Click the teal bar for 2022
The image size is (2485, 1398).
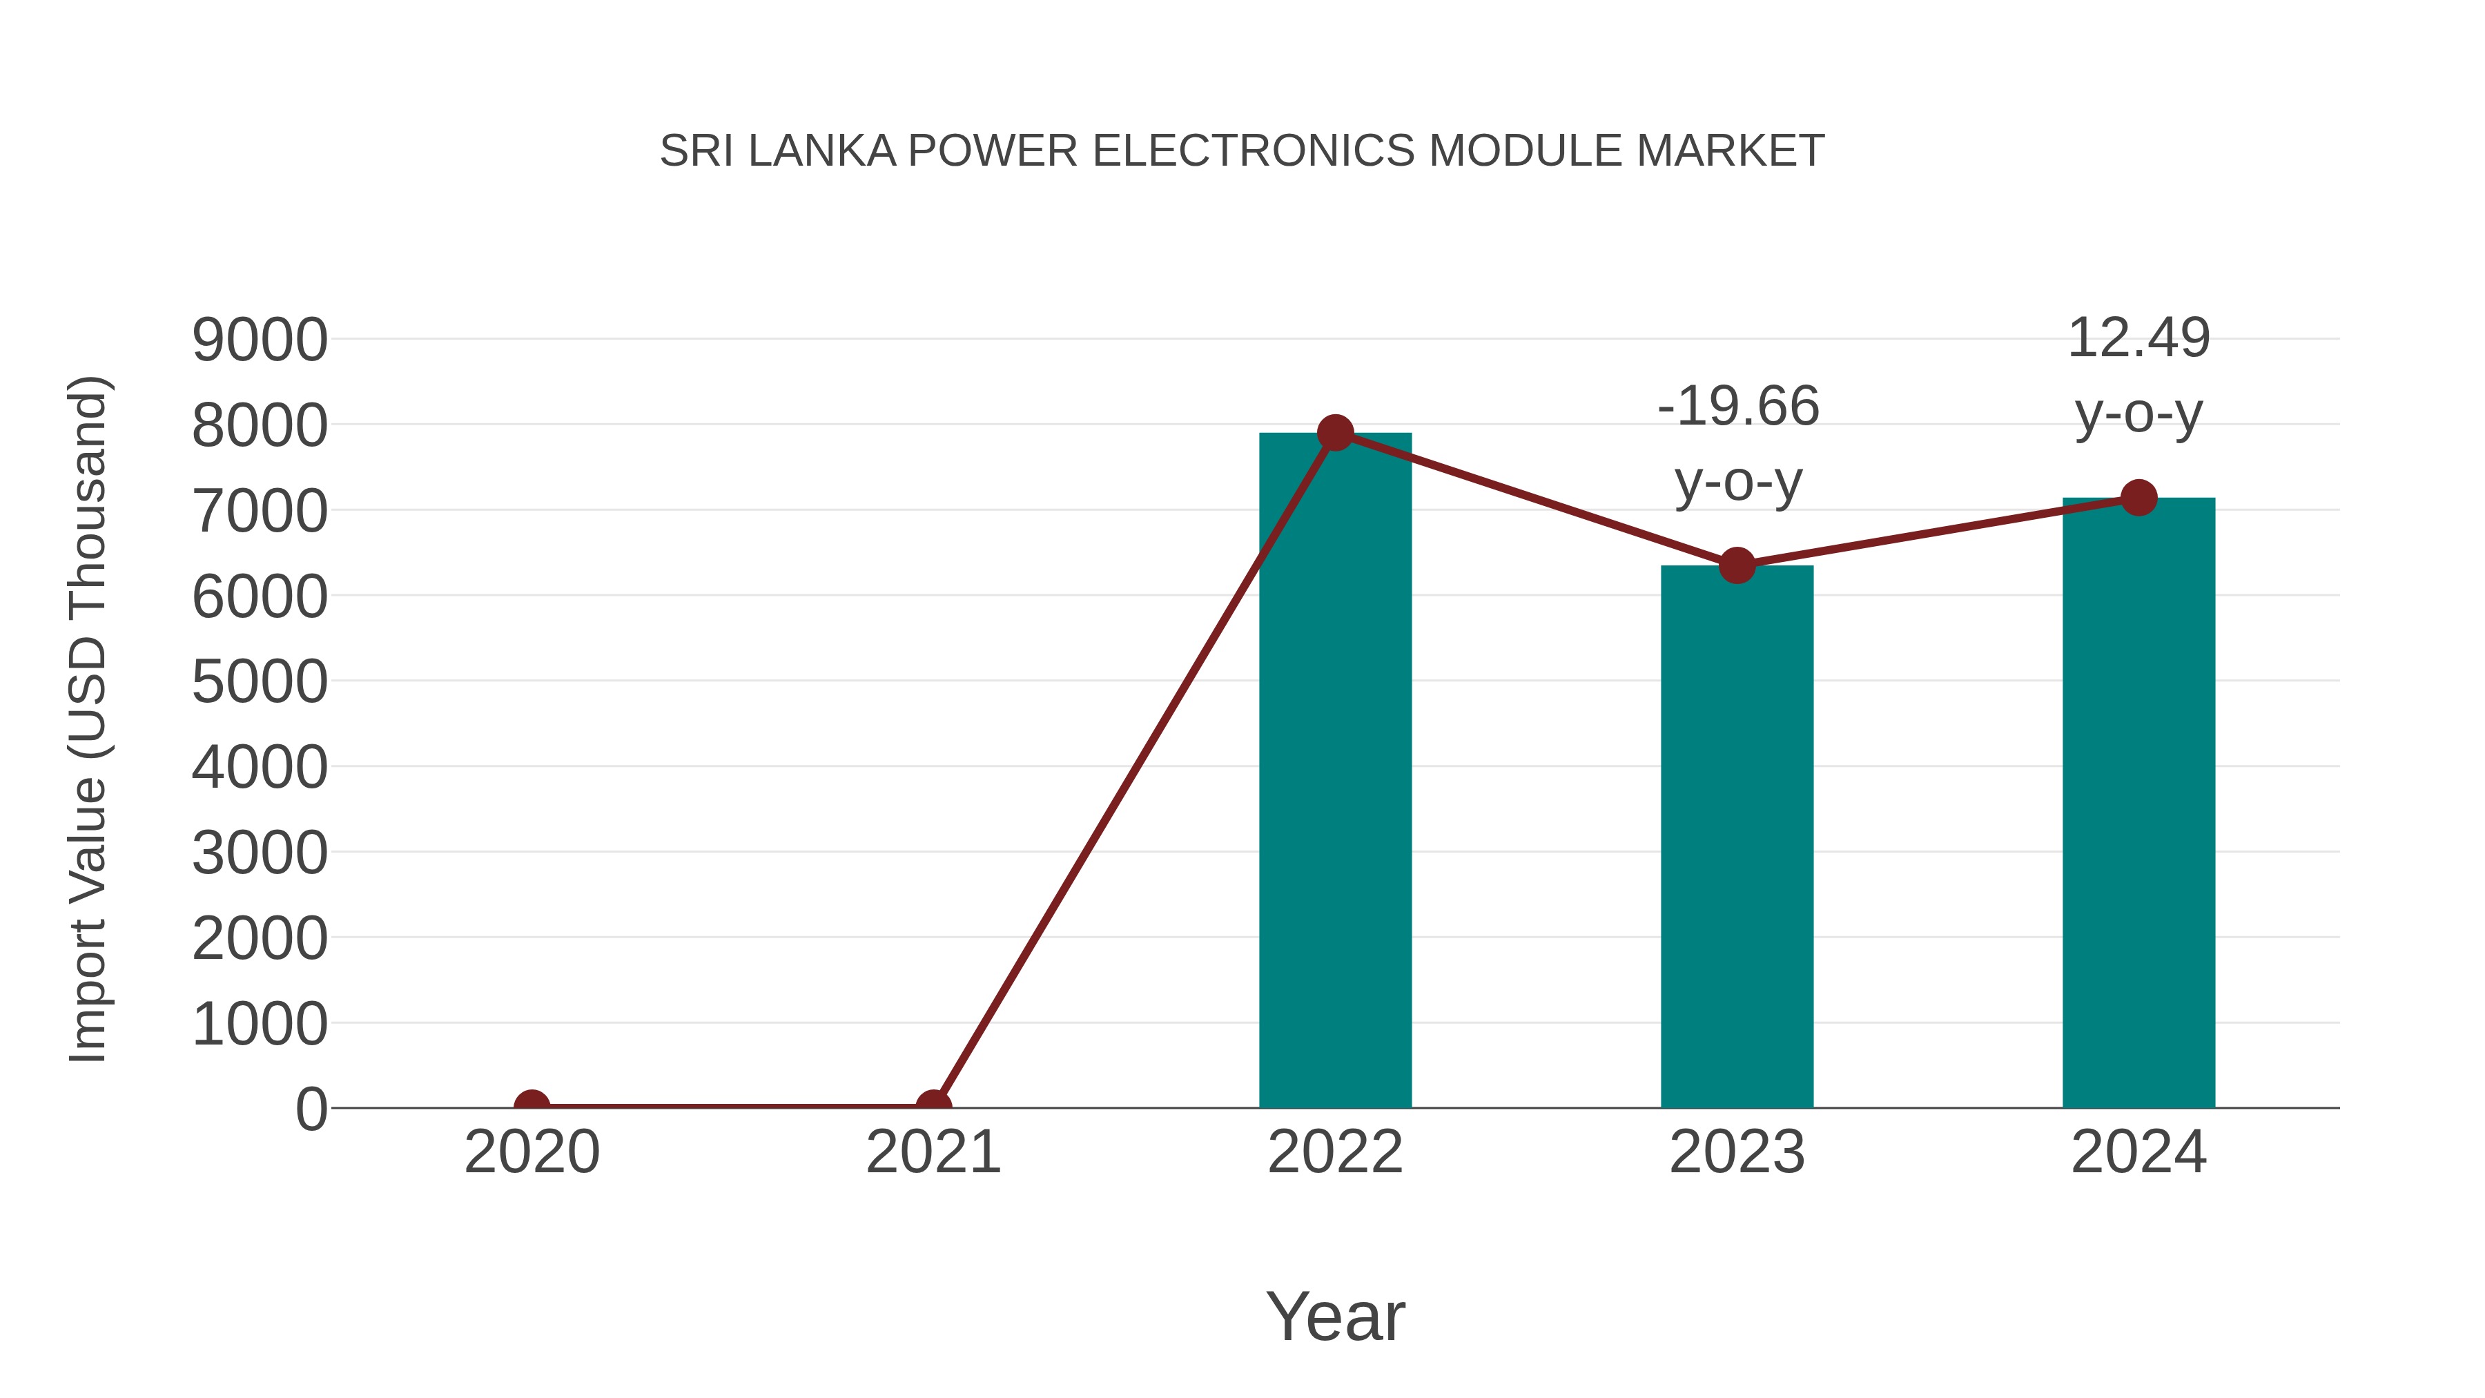tap(1335, 772)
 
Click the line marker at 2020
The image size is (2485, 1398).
tap(532, 1106)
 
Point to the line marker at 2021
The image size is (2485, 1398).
tap(933, 1106)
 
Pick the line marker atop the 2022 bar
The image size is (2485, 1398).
tap(1335, 433)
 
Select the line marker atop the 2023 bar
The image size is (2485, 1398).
tap(1737, 566)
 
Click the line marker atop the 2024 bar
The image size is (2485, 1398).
tap(2138, 498)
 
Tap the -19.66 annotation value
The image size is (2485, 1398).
tap(1738, 405)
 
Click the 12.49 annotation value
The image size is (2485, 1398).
tap(2138, 339)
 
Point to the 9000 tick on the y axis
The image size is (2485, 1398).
tap(260, 340)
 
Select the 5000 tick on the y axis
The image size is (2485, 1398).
tap(260, 682)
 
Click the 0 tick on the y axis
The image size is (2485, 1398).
tap(311, 1109)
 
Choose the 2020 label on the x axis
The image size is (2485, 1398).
tap(532, 1152)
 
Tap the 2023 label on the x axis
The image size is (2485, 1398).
tap(1737, 1152)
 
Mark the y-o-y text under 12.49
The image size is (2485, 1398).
tap(2138, 416)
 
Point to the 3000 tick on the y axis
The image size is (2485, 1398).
tap(260, 853)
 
